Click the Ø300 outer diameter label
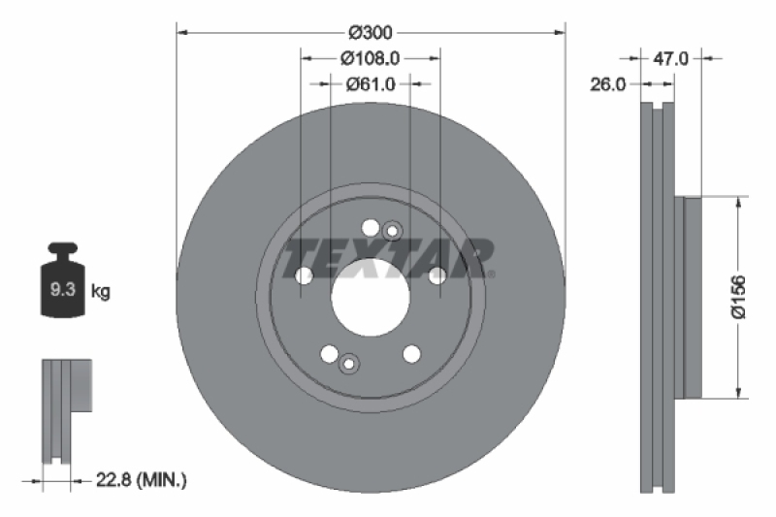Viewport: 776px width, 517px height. (370, 33)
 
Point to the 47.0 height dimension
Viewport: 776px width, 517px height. (670, 58)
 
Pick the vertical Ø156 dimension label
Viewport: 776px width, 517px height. (738, 297)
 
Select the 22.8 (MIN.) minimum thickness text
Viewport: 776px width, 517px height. (142, 479)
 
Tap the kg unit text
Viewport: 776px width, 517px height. (101, 290)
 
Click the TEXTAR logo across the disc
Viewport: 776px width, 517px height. (388, 257)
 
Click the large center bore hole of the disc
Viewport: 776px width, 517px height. (370, 296)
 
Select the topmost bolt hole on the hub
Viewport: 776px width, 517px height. (370, 227)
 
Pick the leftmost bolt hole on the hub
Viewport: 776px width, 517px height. (304, 276)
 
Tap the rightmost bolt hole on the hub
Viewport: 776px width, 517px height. (437, 276)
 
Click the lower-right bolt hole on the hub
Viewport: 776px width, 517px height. (411, 353)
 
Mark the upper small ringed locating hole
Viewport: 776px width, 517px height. (391, 231)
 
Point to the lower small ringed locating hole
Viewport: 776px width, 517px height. (349, 364)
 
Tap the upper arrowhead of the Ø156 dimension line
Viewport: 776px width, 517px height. (740, 203)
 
